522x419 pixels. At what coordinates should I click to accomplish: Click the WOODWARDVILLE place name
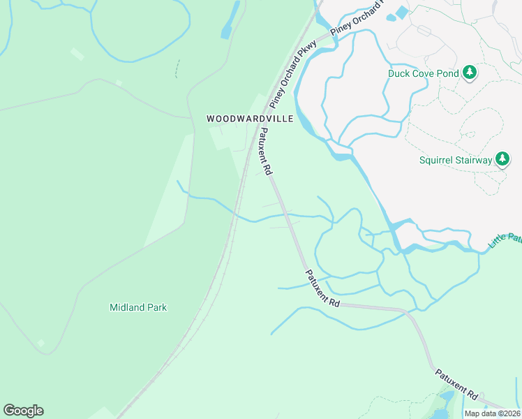click(x=250, y=119)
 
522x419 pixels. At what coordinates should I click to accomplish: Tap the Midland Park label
click(x=138, y=307)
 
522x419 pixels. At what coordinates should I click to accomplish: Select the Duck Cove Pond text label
click(x=424, y=73)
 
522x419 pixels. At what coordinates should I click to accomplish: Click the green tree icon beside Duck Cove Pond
click(x=470, y=73)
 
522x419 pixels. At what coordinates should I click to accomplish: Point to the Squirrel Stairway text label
click(x=456, y=160)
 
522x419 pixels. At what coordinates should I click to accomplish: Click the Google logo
click(x=23, y=411)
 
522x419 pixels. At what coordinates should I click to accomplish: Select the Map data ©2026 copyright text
click(x=493, y=413)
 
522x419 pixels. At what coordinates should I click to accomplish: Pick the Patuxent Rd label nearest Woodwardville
click(x=265, y=151)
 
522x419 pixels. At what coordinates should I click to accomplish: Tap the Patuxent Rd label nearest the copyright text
click(x=457, y=384)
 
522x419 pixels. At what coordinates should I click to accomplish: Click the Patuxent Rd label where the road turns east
click(x=322, y=288)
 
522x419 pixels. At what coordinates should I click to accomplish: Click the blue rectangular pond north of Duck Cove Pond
click(x=401, y=13)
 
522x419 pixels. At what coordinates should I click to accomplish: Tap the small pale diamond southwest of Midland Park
click(x=40, y=344)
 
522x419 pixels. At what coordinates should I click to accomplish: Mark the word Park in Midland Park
click(x=156, y=307)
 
